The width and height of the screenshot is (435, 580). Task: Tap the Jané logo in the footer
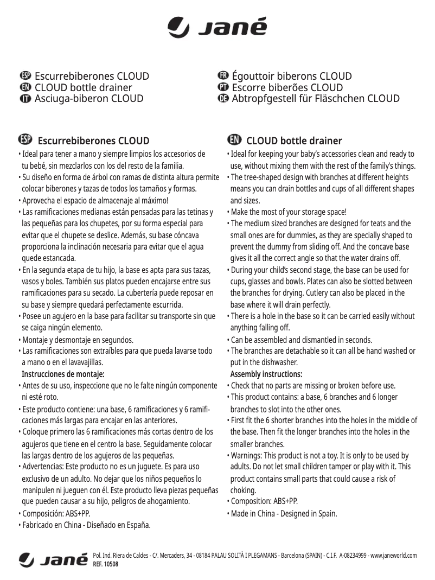(53, 559)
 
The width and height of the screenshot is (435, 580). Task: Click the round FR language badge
(222, 76)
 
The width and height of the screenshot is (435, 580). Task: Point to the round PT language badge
(222, 87)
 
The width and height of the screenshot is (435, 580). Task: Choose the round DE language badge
(222, 99)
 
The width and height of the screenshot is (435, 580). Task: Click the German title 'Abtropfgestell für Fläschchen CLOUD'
(315, 99)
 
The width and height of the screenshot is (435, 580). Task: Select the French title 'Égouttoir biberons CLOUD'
(291, 76)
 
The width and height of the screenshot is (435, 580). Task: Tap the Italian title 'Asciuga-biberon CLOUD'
(89, 99)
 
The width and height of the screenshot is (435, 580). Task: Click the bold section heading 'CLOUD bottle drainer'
(294, 141)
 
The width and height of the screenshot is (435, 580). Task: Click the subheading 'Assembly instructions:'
(266, 375)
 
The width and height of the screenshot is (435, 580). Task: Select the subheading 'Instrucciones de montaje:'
(63, 374)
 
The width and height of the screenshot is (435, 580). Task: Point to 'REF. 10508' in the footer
(106, 564)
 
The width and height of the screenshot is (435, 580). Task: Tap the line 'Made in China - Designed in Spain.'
(284, 513)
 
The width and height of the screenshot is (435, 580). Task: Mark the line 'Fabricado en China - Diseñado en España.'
(86, 525)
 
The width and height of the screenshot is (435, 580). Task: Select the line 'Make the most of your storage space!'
(288, 212)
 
